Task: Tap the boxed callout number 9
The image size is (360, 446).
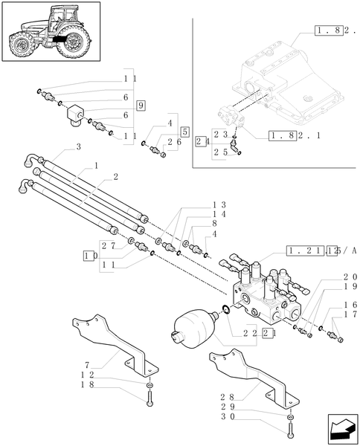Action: click(x=141, y=105)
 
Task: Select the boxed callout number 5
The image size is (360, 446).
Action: click(x=184, y=131)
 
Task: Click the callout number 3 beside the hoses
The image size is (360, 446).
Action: click(x=79, y=147)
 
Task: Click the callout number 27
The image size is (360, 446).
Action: click(x=108, y=245)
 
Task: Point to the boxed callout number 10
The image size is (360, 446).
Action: click(x=90, y=256)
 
